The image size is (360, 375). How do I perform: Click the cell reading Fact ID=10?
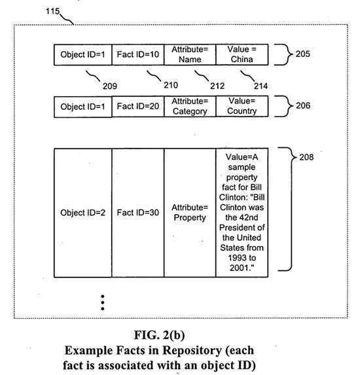[137, 54]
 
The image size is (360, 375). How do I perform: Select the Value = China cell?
[242, 54]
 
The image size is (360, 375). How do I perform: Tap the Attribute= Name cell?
[190, 54]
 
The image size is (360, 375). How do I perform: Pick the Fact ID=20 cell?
[137, 107]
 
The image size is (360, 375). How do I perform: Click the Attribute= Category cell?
[190, 107]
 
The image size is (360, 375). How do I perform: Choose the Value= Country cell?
[242, 107]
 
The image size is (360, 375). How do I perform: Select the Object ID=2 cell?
[82, 213]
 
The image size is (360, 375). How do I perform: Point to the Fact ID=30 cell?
[137, 213]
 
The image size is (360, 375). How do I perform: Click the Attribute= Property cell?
[190, 213]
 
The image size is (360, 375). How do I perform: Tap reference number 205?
[302, 54]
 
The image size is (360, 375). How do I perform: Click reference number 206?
[303, 105]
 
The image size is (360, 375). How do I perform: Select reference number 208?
[306, 157]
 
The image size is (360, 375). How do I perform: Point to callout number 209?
[110, 86]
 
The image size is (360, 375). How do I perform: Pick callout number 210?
[171, 85]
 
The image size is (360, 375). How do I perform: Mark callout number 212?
[217, 86]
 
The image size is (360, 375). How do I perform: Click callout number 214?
[261, 86]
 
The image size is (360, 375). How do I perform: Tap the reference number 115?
[52, 11]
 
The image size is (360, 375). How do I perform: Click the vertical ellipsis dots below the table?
[103, 302]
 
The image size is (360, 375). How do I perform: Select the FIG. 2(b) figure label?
[159, 335]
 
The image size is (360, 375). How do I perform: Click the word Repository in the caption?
[192, 351]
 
